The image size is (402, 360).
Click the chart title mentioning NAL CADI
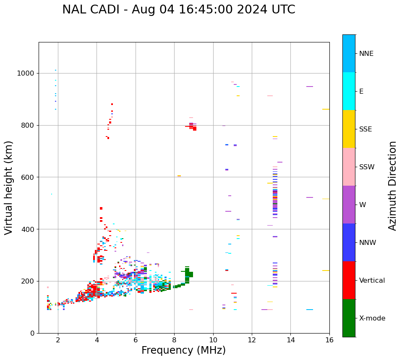[178, 10]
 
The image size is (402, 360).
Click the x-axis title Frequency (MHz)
[183, 350]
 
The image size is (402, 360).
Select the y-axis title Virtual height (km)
[9, 188]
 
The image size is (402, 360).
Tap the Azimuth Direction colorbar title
[392, 186]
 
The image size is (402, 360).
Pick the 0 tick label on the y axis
[32, 333]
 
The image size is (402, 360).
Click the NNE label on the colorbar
[366, 54]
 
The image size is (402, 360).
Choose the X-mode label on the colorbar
[372, 318]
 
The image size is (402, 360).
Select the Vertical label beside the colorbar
[372, 281]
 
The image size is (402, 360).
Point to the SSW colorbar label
[367, 167]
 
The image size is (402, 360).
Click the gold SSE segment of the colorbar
[349, 129]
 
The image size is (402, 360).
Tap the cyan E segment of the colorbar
[349, 91]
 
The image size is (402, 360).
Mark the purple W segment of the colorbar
[349, 205]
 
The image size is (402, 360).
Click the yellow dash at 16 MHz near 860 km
[326, 109]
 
